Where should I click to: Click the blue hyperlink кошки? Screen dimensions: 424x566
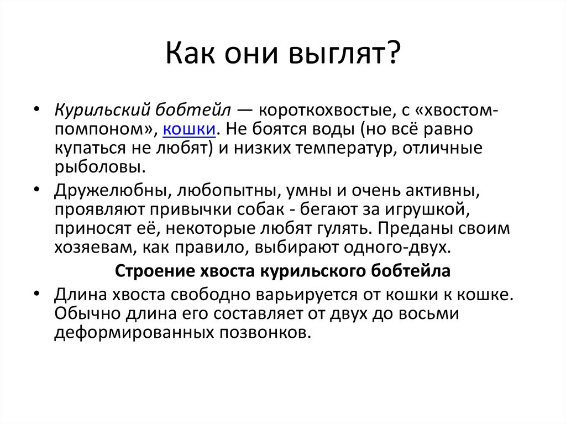point(189,129)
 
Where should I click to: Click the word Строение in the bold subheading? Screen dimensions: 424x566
point(148,272)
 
